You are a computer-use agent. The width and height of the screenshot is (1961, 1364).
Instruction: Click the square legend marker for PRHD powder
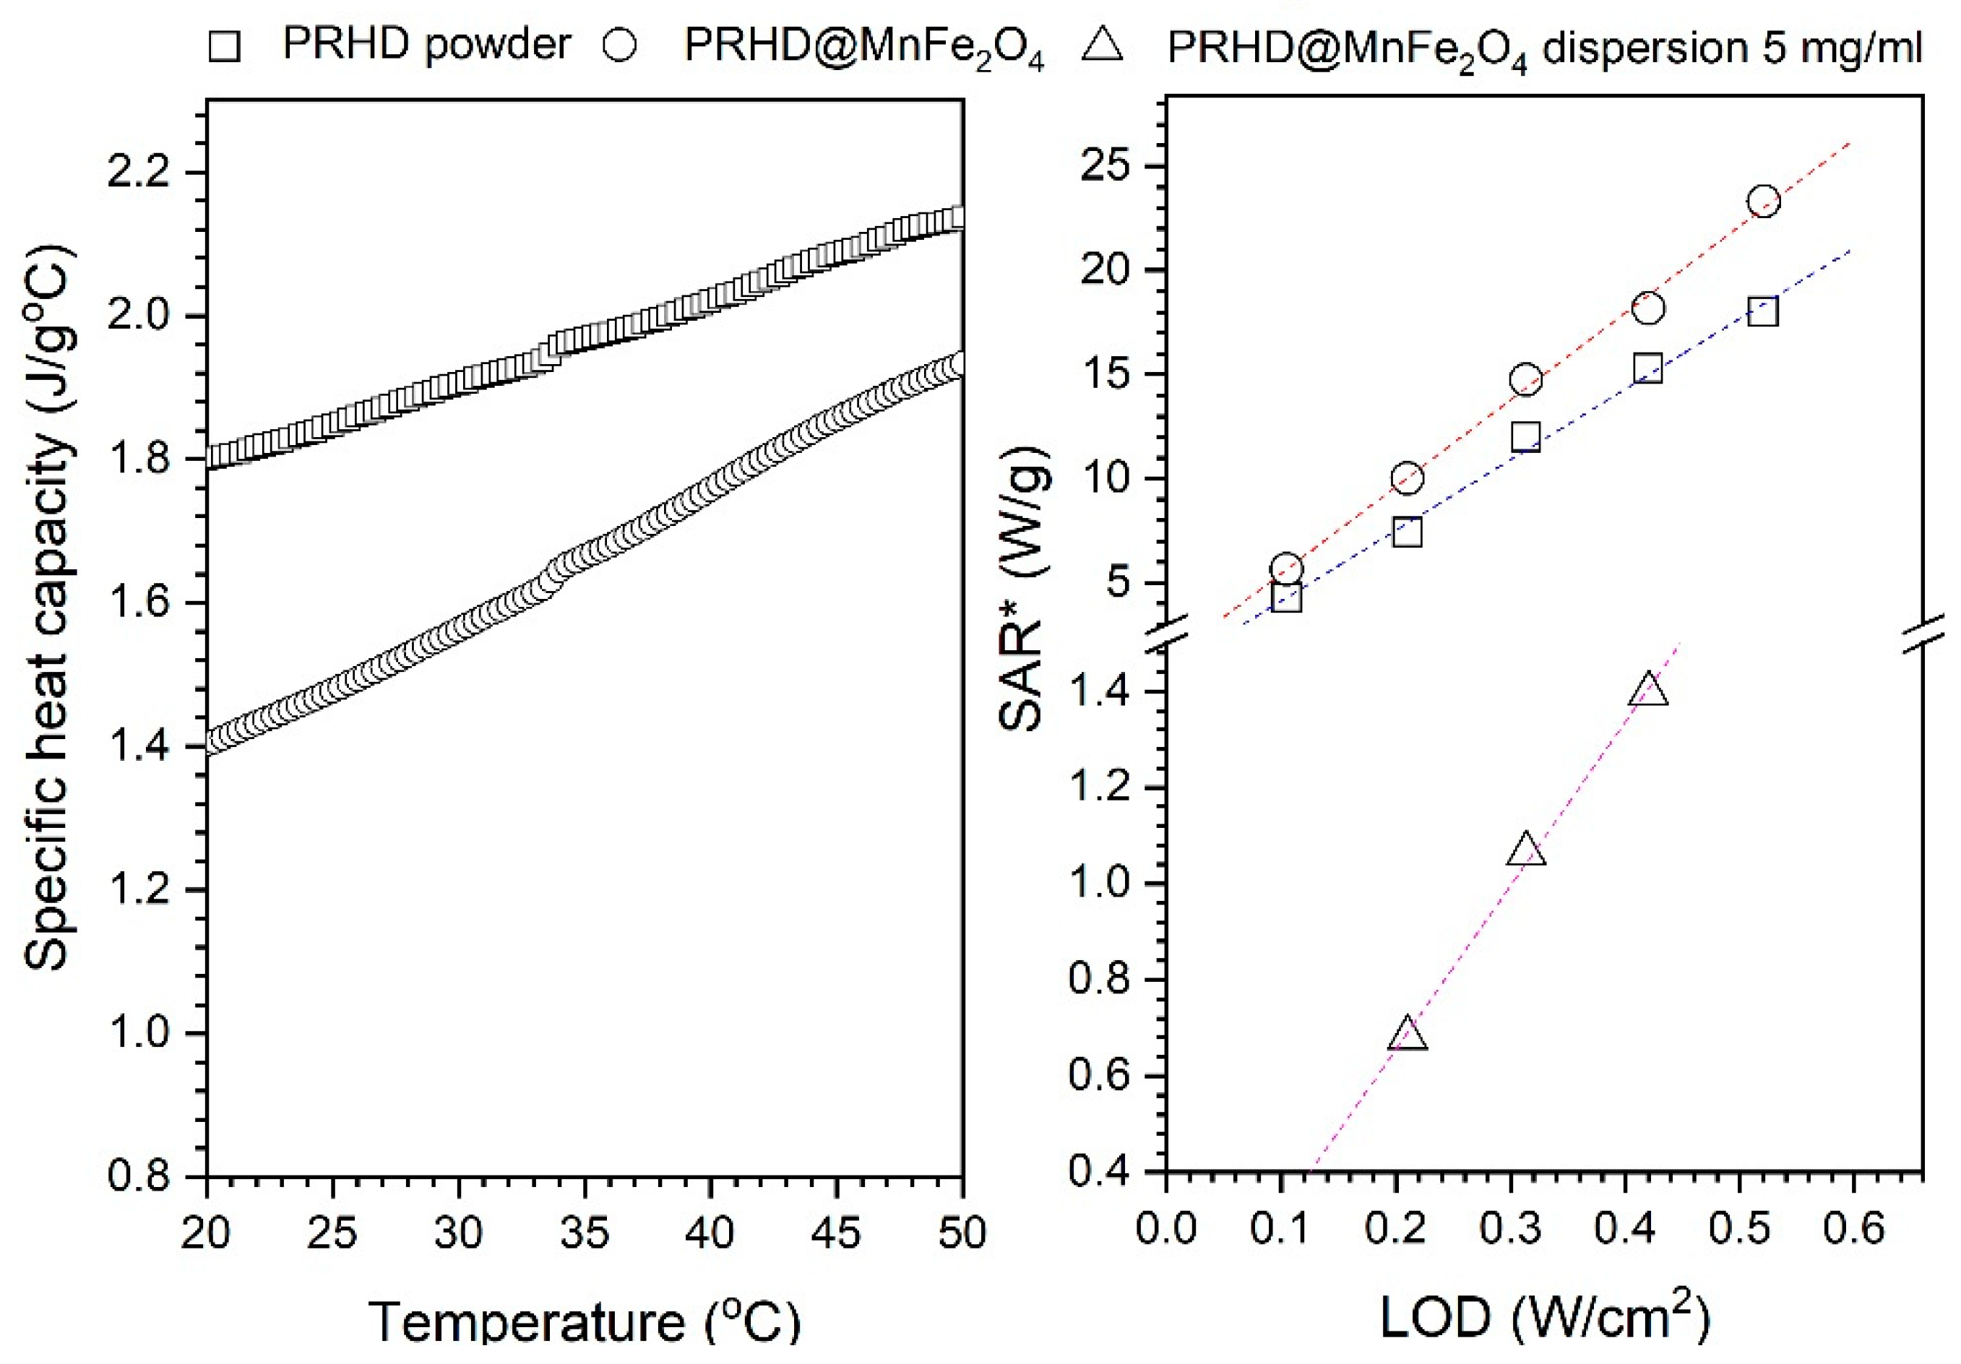[x=224, y=46]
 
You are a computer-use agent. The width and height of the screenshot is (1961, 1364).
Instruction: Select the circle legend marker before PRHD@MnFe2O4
[x=619, y=46]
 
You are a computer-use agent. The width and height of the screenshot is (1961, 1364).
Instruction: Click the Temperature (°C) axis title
[x=585, y=1321]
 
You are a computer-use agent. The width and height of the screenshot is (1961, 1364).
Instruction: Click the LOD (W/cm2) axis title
[x=1544, y=1318]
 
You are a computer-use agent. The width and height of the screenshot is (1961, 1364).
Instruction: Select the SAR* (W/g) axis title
[x=1022, y=590]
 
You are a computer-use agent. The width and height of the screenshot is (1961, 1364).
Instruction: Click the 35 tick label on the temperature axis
[x=585, y=1233]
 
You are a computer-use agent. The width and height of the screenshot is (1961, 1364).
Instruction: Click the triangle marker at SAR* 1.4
[x=1647, y=691]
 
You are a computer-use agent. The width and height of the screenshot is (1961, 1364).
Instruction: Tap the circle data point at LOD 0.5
[x=1763, y=202]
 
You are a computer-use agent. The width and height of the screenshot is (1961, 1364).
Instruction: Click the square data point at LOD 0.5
[x=1762, y=312]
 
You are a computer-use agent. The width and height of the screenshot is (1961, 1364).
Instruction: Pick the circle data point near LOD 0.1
[x=1286, y=568]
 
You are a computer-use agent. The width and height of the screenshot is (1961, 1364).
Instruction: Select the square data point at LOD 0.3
[x=1525, y=437]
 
